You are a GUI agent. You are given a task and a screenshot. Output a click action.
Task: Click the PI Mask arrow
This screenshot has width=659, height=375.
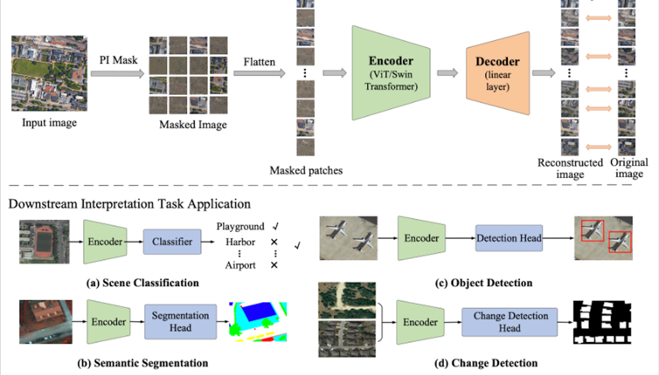(117, 74)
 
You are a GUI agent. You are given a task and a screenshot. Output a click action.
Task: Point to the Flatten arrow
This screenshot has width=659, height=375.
(259, 74)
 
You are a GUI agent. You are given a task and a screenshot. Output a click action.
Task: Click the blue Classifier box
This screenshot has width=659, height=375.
(172, 242)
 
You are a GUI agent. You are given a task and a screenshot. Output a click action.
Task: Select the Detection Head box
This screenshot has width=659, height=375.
(508, 239)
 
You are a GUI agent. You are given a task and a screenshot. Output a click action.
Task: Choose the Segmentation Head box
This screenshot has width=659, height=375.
(180, 321)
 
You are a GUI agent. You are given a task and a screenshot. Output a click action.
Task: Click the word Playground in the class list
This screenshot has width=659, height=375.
(240, 226)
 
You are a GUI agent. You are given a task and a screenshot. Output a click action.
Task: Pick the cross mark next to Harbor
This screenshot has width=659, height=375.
(275, 242)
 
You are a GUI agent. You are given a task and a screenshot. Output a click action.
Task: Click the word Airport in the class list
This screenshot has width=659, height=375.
(240, 265)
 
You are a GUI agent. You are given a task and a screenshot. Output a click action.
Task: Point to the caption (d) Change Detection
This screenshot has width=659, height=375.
(483, 363)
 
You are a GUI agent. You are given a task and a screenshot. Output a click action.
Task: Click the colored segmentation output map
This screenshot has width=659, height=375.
(258, 321)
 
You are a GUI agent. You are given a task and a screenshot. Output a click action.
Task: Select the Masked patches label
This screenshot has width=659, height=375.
(306, 170)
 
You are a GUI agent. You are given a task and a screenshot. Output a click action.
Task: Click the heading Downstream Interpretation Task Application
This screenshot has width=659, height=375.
(129, 203)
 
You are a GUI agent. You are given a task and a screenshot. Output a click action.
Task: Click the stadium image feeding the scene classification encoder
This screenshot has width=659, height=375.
(44, 243)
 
